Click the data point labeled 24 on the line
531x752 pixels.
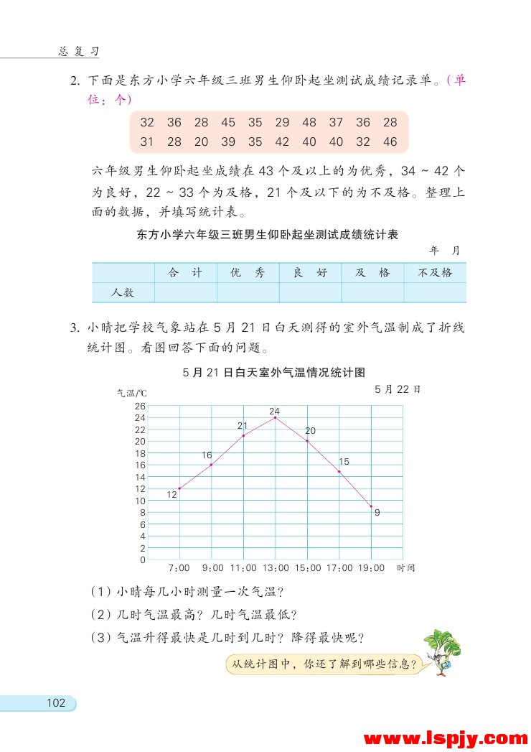pyautogui.click(x=275, y=417)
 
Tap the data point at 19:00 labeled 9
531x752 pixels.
pyautogui.click(x=371, y=506)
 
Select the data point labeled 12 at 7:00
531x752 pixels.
pyautogui.click(x=179, y=488)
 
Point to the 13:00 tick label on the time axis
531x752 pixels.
pyautogui.click(x=275, y=568)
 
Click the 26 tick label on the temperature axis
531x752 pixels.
pyautogui.click(x=140, y=406)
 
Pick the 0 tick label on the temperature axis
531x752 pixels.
pyautogui.click(x=143, y=560)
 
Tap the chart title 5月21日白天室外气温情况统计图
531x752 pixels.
pyautogui.click(x=274, y=372)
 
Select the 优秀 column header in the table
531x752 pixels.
pyautogui.click(x=248, y=273)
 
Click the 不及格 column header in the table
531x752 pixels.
pyautogui.click(x=435, y=273)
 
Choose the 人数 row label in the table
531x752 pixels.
pyautogui.click(x=123, y=292)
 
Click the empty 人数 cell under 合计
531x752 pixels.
pyautogui.click(x=185, y=292)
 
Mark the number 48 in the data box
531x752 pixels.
pyautogui.click(x=309, y=123)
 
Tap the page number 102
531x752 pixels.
pyautogui.click(x=55, y=703)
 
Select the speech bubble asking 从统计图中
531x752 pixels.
pyautogui.click(x=321, y=664)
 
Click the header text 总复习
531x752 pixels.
pyautogui.click(x=77, y=52)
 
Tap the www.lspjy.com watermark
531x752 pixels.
pyautogui.click(x=446, y=738)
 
